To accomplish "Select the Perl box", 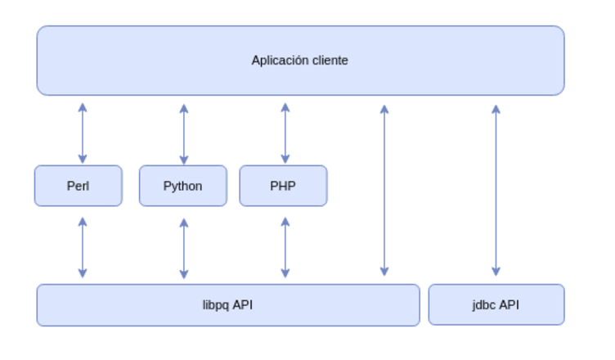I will click(78, 186).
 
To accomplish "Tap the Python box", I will click(182, 186).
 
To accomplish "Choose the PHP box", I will click(283, 186).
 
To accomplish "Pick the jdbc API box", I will click(496, 305).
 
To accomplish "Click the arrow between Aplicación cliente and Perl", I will click(83, 133).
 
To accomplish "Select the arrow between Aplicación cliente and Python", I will click(183, 133).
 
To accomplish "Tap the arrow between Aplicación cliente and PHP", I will click(285, 133).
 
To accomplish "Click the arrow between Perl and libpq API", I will click(83, 247).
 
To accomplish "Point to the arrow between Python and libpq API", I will click(183, 247).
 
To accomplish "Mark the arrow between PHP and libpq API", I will click(285, 247).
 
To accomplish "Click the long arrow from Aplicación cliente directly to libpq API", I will click(384, 190).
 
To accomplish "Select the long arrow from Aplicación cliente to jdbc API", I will click(496, 190).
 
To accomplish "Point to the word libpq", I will click(216, 305).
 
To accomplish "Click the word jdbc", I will click(484, 305).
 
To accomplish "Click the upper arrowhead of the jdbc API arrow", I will click(496, 108).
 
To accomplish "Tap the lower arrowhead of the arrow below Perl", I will click(83, 273).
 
